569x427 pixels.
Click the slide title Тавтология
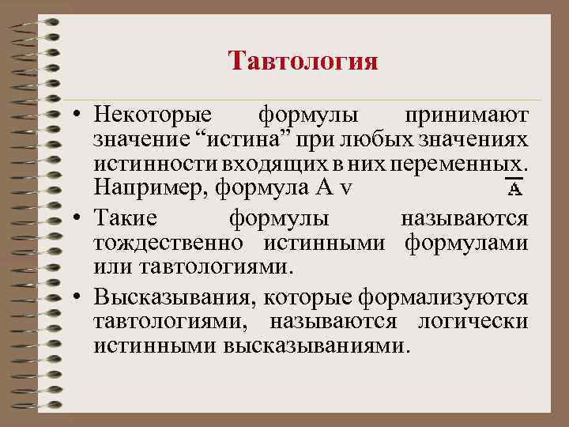pyautogui.click(x=303, y=61)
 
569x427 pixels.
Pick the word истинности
pyautogui.click(x=143, y=164)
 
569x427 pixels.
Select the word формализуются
pyautogui.click(x=443, y=297)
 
